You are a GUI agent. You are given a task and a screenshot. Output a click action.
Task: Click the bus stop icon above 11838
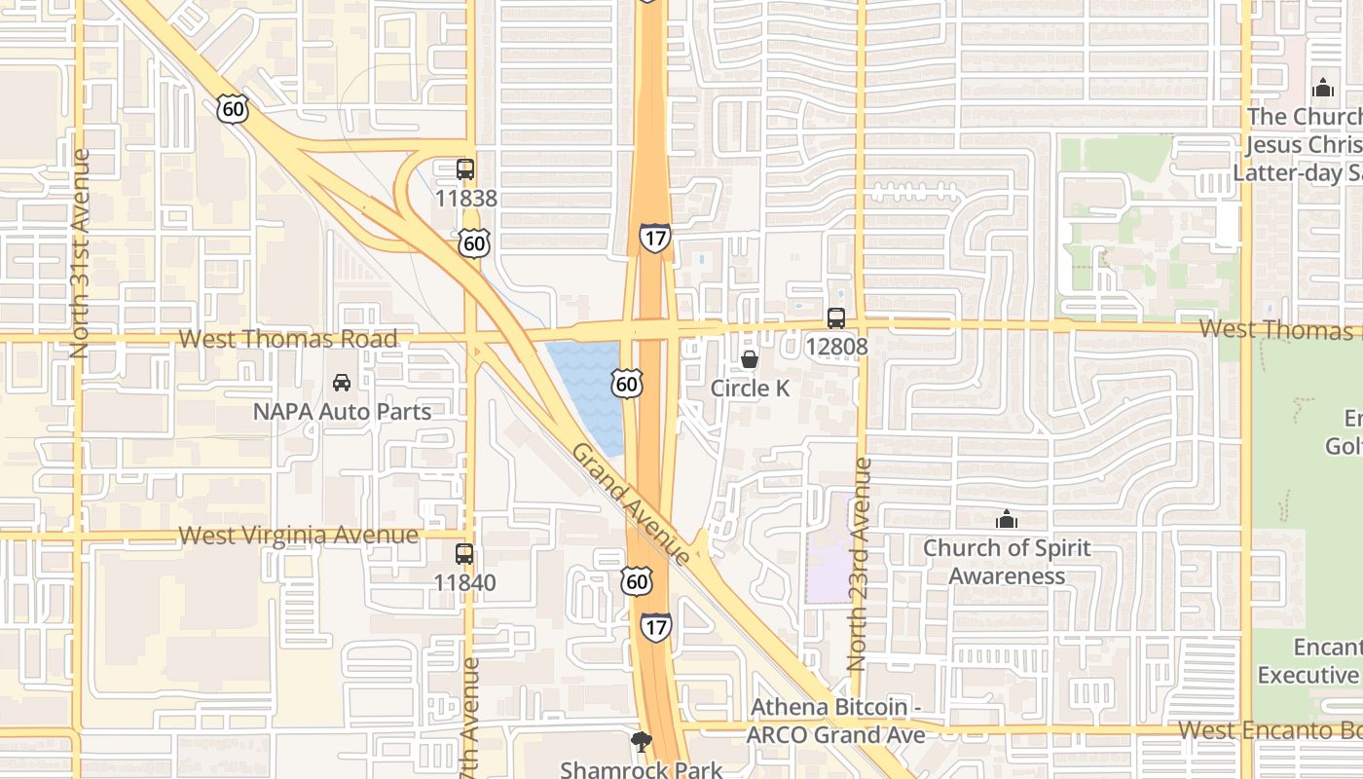coord(465,169)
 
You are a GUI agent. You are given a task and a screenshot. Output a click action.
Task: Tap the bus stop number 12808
coord(835,346)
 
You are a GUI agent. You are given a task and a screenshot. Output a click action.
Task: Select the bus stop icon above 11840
coord(464,554)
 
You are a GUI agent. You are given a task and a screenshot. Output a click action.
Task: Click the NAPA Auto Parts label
coord(342,411)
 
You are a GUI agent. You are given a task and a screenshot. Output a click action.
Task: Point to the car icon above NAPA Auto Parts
coord(342,382)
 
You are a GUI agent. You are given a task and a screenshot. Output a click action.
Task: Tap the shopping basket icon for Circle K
coord(750,359)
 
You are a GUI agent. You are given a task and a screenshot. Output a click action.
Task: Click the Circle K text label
coord(750,389)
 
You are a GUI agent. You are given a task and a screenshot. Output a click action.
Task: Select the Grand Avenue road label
coord(631,503)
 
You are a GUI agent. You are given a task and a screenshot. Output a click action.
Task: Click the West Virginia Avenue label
coord(299,536)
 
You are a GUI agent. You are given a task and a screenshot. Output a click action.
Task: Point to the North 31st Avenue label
coord(80,253)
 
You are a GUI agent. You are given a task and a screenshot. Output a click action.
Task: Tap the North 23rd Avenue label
coord(858,565)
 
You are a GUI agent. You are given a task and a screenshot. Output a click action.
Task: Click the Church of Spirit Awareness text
coord(1007,561)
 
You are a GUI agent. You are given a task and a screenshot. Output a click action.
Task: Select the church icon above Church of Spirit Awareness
coord(1007,519)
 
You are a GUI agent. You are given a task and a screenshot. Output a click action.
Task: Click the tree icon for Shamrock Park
coord(641,743)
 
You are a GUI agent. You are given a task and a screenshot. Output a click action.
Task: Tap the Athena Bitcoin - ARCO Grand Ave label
coord(836,721)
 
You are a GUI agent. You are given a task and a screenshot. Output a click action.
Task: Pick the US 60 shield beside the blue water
coord(627,384)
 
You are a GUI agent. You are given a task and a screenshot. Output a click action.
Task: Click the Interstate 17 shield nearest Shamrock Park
coord(656,626)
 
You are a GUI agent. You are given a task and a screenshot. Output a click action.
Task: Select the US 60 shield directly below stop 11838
coord(474,242)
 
